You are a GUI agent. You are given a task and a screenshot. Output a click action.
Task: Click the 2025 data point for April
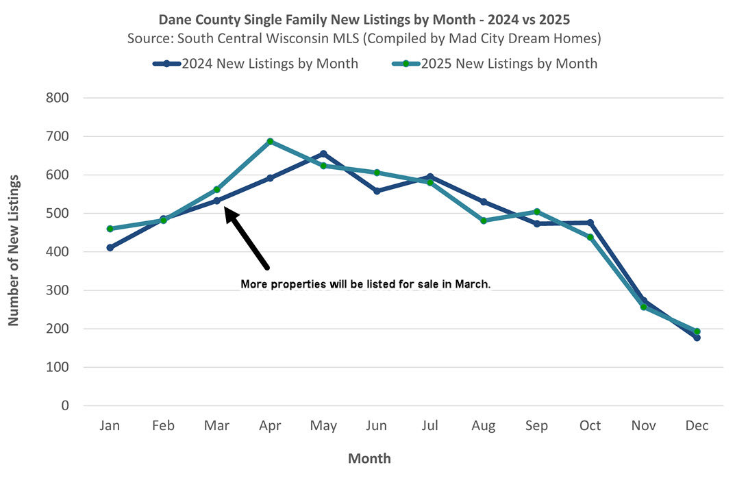point(270,141)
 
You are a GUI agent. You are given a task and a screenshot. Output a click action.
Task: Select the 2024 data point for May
point(323,153)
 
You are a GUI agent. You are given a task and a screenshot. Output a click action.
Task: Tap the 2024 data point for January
point(110,247)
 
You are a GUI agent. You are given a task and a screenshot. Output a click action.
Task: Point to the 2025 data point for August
point(484,221)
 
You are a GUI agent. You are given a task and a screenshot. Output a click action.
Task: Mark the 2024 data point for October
point(590,223)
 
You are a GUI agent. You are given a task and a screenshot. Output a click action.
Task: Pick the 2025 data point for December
point(697,331)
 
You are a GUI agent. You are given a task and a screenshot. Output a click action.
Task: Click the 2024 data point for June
point(377,191)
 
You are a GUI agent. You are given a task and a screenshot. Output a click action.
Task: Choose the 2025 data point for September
point(537,212)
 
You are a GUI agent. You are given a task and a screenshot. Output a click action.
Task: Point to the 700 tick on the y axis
point(57,136)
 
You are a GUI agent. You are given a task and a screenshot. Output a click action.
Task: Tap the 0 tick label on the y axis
point(66,405)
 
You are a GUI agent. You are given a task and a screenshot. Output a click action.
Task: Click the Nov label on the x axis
point(643,426)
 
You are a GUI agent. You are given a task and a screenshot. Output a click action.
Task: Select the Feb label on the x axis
point(163,426)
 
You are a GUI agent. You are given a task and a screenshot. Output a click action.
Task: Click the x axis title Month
point(369,458)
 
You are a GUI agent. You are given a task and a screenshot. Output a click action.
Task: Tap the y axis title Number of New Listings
point(13,250)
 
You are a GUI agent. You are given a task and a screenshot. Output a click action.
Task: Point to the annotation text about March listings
point(366,284)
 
